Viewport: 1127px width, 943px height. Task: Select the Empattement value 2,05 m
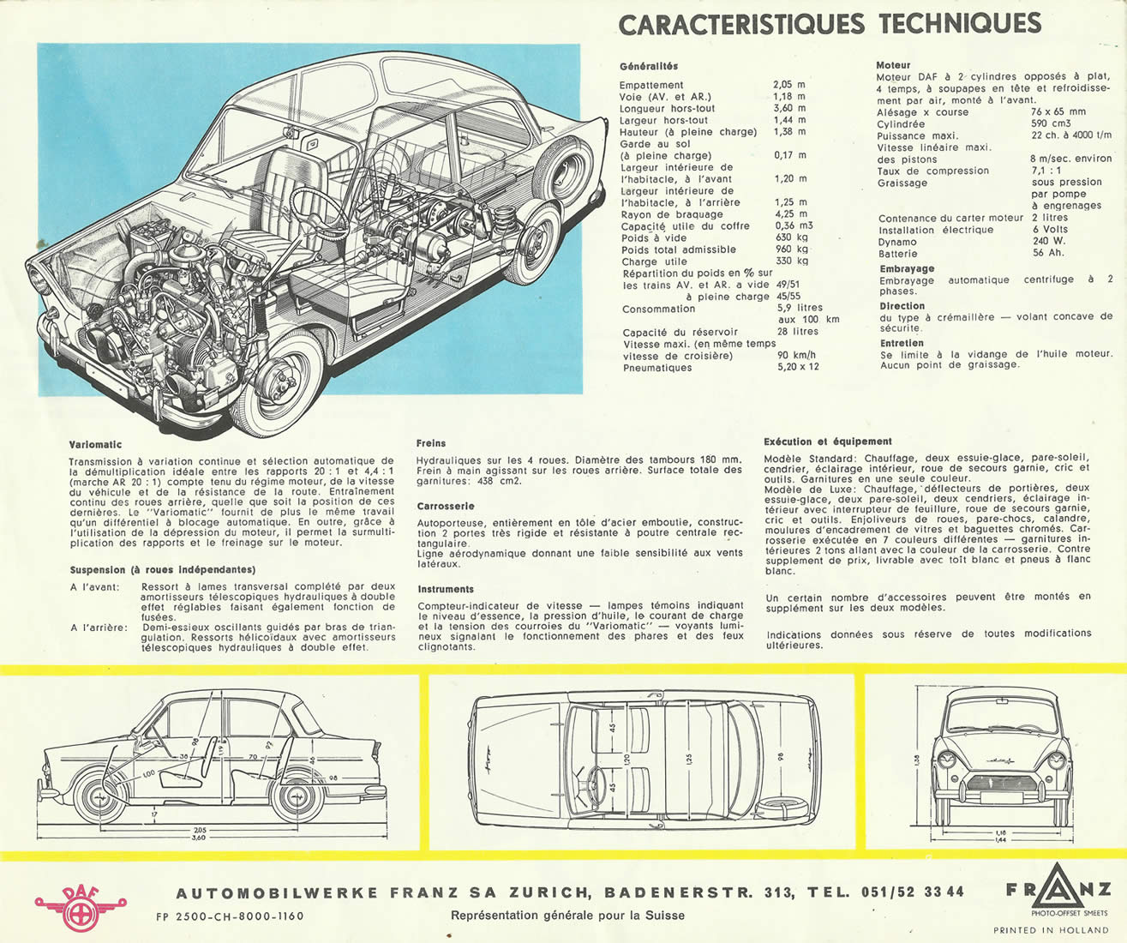coord(789,85)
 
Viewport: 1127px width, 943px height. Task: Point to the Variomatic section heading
coord(95,445)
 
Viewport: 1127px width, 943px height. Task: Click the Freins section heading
coord(431,443)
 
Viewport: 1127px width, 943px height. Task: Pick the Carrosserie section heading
coord(446,507)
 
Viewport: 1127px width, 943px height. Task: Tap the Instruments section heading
coord(446,589)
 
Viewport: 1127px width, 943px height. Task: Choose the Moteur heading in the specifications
coord(893,65)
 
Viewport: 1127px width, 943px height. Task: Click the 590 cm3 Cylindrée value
coord(1051,123)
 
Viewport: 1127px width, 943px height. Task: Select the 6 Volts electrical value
coord(1050,230)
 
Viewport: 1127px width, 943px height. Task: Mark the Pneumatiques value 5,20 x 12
coord(798,367)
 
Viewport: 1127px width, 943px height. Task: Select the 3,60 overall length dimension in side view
coord(198,838)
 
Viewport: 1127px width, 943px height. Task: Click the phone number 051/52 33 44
coord(912,892)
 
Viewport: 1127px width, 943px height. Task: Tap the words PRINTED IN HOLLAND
coord(1050,930)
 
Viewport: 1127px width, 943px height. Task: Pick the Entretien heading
coord(902,343)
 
